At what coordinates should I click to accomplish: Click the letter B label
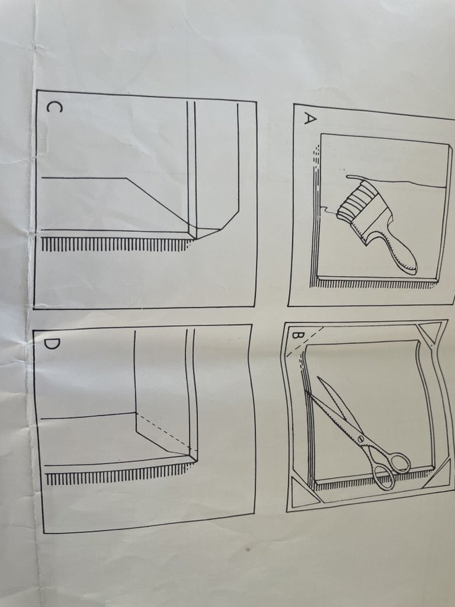pos(297,335)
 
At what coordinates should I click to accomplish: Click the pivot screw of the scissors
pos(361,438)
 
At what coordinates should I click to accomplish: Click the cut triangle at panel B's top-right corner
pos(433,332)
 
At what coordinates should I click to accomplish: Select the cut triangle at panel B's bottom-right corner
pos(439,475)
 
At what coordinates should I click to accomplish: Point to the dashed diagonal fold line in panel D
pos(166,433)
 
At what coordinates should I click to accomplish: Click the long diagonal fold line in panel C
pos(158,204)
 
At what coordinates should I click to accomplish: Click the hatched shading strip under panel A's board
pos(375,283)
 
